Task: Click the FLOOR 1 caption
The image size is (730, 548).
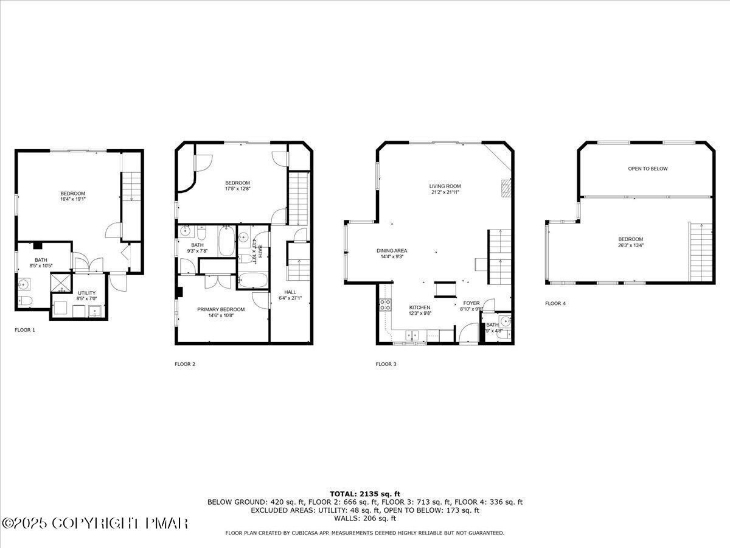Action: coord(25,329)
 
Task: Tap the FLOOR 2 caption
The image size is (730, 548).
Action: coord(185,364)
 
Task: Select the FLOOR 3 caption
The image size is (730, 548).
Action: coord(386,364)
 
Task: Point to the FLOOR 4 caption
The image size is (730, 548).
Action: coord(555,303)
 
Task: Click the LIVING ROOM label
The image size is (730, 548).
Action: coord(445,186)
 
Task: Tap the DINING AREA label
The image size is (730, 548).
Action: coord(391,250)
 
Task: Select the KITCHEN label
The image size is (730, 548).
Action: coord(420,307)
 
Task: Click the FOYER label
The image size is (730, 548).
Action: coord(471,303)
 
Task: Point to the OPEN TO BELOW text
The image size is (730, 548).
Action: coord(647,169)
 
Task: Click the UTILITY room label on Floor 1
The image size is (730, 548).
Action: coord(86,293)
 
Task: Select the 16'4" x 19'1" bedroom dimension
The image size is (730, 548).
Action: coord(72,199)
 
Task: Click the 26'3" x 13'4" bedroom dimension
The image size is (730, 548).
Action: coord(630,245)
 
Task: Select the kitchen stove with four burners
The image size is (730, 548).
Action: coord(384,304)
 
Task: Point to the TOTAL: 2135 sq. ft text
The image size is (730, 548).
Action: coord(365,494)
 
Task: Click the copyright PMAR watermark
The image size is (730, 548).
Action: coord(95,523)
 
